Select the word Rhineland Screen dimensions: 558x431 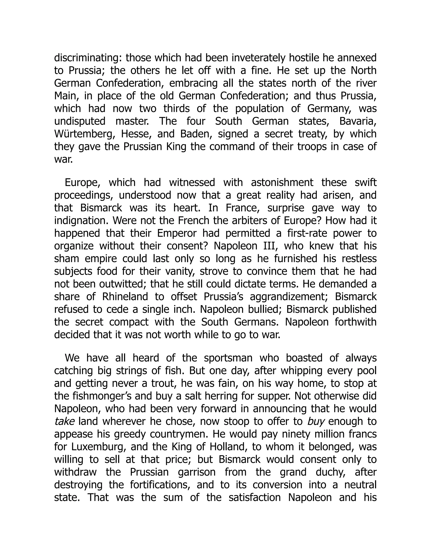(125, 296)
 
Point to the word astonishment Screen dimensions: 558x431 (282, 183)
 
